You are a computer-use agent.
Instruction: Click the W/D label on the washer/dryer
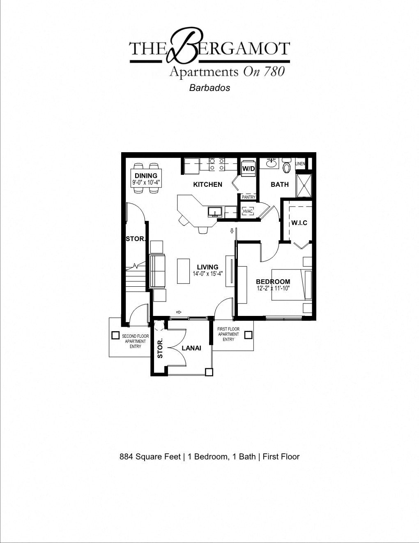tap(248, 169)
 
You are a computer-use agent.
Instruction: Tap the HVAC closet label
tap(248, 211)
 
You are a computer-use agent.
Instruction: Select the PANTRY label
tap(249, 197)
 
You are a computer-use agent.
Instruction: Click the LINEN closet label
tap(300, 164)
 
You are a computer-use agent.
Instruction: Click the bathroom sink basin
tap(271, 163)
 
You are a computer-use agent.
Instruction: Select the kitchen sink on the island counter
tap(215, 212)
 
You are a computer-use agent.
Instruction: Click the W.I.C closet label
tap(299, 223)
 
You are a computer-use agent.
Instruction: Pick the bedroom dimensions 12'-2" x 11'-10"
tap(273, 288)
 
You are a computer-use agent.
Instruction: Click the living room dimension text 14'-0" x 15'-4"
tap(208, 274)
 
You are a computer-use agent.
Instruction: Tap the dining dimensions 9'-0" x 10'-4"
tap(146, 182)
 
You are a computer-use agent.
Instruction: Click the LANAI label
tap(191, 348)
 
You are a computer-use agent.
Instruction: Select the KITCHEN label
tap(207, 184)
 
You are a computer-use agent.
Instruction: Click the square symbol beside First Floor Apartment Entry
tap(248, 335)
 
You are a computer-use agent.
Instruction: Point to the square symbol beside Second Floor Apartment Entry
tap(115, 336)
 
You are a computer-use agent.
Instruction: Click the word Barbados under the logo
tap(209, 88)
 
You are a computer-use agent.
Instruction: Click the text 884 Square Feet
tap(150, 457)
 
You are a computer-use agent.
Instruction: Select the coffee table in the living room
tap(183, 271)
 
